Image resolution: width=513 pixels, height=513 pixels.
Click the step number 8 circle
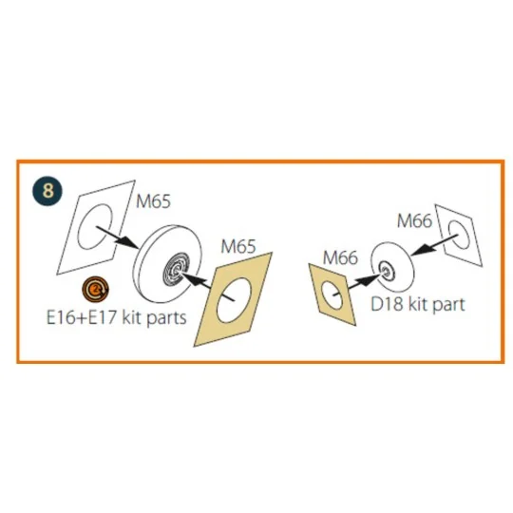(x=47, y=190)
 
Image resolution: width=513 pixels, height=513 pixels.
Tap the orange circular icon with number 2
(x=96, y=289)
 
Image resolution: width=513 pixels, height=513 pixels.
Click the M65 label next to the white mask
(x=153, y=200)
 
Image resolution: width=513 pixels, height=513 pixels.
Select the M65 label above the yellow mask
(x=238, y=246)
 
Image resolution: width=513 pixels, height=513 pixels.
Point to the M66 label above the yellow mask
(x=340, y=257)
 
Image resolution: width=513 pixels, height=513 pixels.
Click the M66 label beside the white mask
(x=414, y=220)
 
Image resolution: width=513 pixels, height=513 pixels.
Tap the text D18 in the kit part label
(x=387, y=304)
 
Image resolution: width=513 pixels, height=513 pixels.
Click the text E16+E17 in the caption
(x=82, y=317)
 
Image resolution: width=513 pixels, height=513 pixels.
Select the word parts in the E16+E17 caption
(x=166, y=318)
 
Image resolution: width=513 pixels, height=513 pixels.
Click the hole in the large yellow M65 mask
(x=234, y=300)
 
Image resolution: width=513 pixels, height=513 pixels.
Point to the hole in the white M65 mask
(x=95, y=226)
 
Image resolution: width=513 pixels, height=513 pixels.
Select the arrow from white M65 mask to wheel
(x=117, y=237)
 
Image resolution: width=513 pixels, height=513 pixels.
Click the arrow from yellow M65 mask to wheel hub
(x=206, y=285)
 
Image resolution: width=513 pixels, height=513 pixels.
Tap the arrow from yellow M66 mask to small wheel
(x=357, y=285)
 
